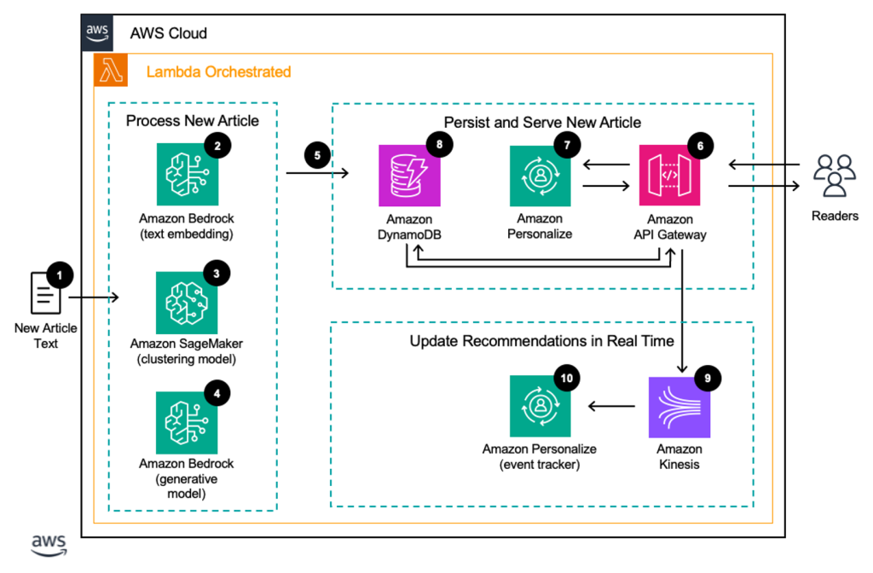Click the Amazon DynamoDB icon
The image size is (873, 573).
coord(408,175)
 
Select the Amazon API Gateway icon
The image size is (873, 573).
coord(670,175)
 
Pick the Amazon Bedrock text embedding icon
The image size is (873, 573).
coord(187,175)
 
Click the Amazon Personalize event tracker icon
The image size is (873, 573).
coord(540,408)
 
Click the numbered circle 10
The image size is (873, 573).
coord(565,376)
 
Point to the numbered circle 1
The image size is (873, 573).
coord(59,275)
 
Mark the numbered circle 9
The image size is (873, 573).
coord(705,376)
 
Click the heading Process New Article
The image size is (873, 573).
coord(192,120)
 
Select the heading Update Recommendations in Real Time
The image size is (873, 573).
coord(541,341)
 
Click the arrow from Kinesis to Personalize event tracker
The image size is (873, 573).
coord(610,408)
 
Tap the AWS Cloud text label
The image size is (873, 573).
coord(168,33)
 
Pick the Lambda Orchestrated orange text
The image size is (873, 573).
coord(218,72)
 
